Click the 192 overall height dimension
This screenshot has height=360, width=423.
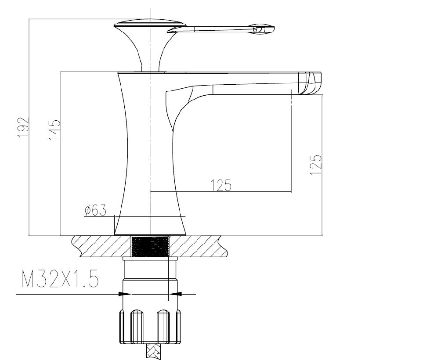coord(23,127)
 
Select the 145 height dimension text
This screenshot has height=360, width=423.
coord(54,130)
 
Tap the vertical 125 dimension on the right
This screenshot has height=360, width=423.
coord(316,165)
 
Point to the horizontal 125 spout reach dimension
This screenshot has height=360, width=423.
coord(221,185)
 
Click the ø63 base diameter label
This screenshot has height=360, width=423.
coord(95,210)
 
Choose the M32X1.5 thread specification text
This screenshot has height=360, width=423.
coord(60,279)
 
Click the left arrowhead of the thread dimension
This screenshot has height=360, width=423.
coord(125,294)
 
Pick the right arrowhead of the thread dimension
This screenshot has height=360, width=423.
coord(175,294)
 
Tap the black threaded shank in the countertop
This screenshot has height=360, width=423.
coord(150,246)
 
